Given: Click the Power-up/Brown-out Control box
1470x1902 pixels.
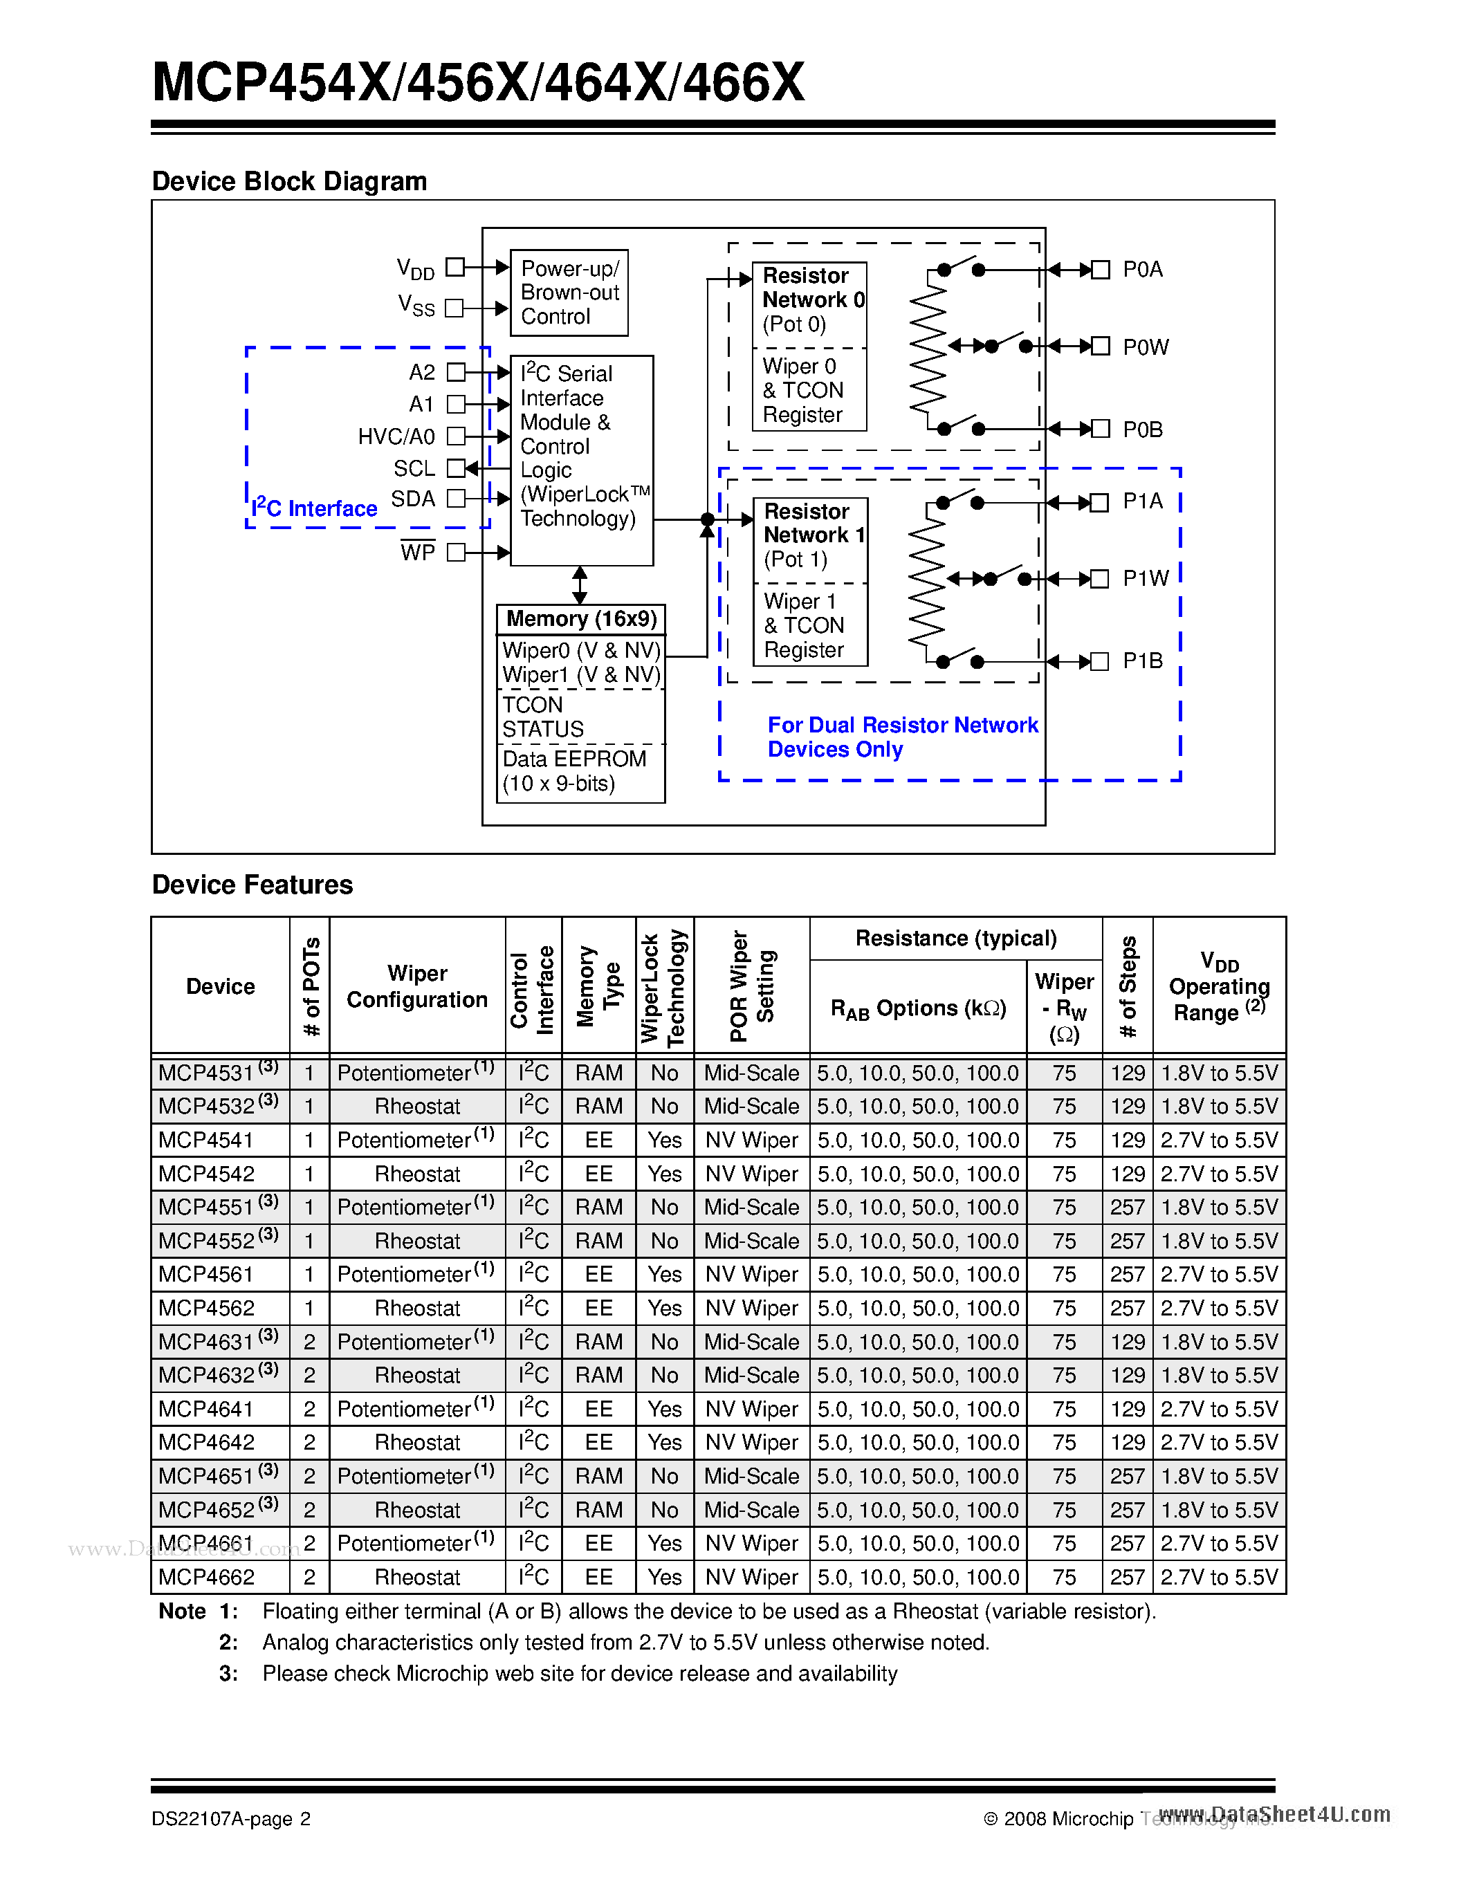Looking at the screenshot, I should click(x=569, y=293).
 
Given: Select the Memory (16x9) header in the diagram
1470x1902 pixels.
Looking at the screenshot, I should click(x=581, y=619).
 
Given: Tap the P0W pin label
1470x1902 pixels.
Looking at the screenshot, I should click(x=1145, y=347).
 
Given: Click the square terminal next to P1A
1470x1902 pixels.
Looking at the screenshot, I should click(x=1100, y=503).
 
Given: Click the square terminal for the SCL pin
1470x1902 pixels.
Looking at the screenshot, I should click(x=455, y=468).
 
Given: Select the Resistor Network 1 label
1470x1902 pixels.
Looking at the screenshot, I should click(x=811, y=524).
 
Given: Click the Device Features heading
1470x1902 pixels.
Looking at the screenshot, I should click(x=252, y=885).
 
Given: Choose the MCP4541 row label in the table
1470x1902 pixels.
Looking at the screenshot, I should click(x=206, y=1140).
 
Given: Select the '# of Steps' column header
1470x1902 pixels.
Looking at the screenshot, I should click(x=1128, y=985).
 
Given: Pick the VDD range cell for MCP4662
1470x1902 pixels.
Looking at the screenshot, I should click(x=1219, y=1577).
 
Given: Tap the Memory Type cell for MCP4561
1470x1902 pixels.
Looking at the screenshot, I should click(x=599, y=1275).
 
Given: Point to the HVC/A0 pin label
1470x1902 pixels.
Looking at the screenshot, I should click(x=396, y=436).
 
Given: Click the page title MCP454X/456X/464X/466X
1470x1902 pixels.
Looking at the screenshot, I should click(x=478, y=83).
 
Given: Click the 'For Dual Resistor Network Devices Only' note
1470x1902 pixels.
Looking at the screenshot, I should click(x=902, y=738).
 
